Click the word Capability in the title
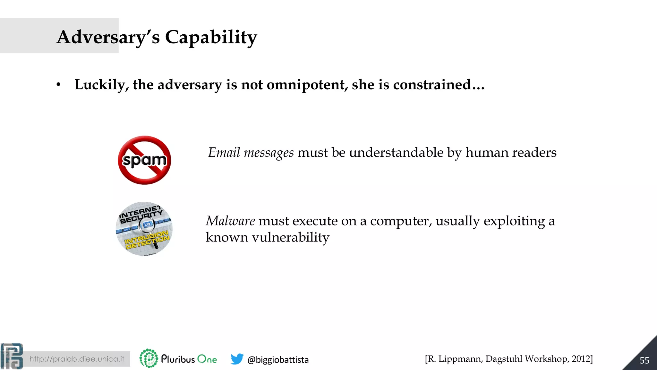click(x=211, y=37)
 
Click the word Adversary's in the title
click(x=108, y=37)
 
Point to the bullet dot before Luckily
click(x=58, y=85)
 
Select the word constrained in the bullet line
click(x=431, y=85)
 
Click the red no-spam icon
click(x=144, y=160)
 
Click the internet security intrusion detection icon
click(x=144, y=229)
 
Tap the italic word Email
click(x=224, y=153)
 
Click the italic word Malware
click(x=230, y=221)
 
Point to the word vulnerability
click(x=290, y=238)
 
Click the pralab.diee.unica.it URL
click(x=77, y=359)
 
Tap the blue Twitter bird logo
click(x=237, y=359)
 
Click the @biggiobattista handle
click(x=278, y=360)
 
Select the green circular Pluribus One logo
click(x=149, y=358)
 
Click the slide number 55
click(x=644, y=360)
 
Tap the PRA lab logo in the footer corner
click(x=12, y=356)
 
